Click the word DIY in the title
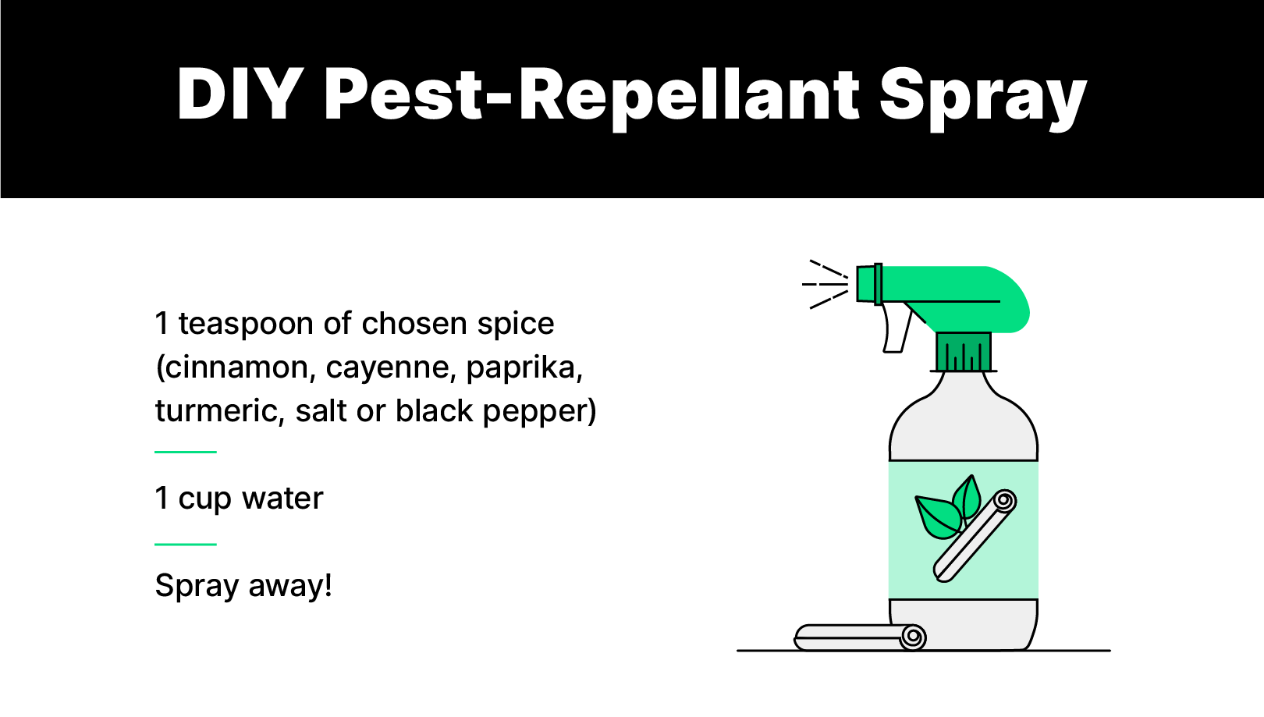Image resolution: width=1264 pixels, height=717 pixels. (239, 95)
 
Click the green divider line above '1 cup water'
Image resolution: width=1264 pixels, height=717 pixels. (186, 452)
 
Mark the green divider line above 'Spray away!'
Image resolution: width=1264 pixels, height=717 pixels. (186, 545)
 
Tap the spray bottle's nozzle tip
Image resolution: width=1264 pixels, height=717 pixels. (868, 283)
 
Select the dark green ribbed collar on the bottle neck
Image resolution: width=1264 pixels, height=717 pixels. (964, 352)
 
